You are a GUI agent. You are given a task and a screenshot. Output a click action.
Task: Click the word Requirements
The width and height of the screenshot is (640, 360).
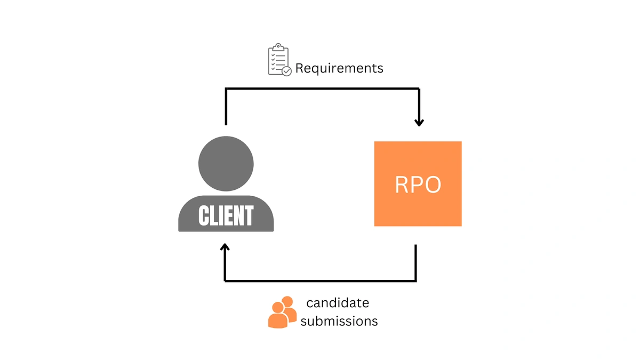(339, 68)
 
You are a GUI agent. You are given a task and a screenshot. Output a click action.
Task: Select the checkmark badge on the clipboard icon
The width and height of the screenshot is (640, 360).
(287, 71)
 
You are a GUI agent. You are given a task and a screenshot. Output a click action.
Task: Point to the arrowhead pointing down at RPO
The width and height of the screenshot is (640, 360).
(419, 122)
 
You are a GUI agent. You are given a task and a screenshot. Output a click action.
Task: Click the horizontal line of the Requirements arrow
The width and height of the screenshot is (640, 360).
(323, 89)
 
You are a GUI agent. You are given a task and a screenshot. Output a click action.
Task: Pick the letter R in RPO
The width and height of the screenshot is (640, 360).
(402, 185)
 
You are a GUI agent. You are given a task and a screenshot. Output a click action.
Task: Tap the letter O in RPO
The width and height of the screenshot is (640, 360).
(433, 185)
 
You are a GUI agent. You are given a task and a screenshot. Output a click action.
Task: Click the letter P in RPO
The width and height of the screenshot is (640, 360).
(417, 185)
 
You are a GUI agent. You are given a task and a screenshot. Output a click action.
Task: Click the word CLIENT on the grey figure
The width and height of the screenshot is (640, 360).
(226, 215)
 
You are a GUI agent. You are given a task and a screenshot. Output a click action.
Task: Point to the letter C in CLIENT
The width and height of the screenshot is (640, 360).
(204, 215)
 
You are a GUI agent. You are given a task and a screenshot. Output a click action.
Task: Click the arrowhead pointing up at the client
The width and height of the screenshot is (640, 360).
(225, 248)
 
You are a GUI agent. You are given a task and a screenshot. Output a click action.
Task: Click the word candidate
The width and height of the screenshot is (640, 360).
(338, 303)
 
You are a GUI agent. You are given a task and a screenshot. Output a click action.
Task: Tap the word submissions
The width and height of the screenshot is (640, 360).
(339, 321)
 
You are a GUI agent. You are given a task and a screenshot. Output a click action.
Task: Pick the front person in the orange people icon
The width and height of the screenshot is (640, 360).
(277, 315)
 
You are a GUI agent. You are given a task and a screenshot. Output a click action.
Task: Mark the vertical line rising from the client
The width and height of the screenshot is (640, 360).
(227, 107)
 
